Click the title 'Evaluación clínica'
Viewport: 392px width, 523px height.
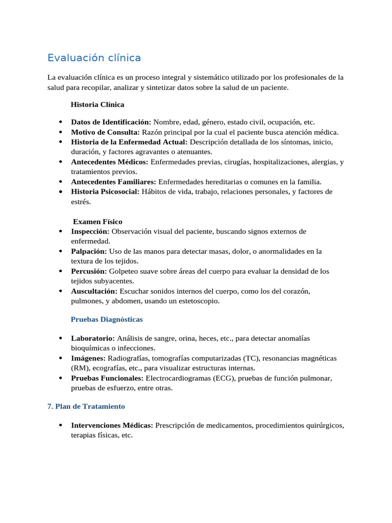point(94,58)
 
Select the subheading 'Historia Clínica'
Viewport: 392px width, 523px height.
point(97,104)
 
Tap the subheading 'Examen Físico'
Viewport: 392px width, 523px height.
point(97,222)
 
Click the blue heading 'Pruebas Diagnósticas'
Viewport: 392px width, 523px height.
point(107,319)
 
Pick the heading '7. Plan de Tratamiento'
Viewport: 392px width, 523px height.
point(86,407)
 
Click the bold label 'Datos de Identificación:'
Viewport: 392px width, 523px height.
point(111,122)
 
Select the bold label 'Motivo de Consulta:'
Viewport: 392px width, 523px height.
point(105,132)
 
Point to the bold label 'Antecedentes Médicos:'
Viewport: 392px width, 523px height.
point(110,162)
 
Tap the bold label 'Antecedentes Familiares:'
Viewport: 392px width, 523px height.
point(114,182)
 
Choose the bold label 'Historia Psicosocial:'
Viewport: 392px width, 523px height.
point(105,192)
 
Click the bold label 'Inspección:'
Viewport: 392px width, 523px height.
point(90,231)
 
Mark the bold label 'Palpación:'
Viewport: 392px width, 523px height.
point(89,251)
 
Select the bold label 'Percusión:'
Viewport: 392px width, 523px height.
point(89,271)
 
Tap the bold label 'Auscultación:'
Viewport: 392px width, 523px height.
point(94,291)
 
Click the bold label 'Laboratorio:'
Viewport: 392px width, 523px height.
point(93,338)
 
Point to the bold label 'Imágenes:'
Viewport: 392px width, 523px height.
point(88,358)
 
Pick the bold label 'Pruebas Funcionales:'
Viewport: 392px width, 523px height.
point(107,378)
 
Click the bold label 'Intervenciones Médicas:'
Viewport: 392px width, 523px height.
point(112,425)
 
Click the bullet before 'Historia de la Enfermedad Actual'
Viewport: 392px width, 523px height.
point(60,142)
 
